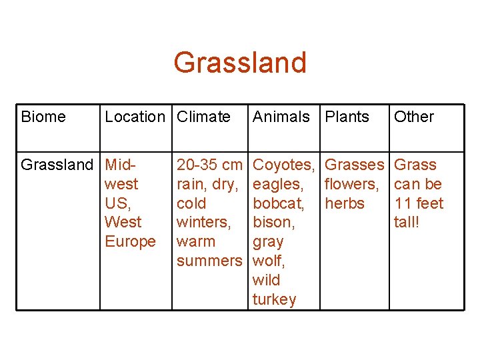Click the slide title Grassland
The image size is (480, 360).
[x=240, y=63]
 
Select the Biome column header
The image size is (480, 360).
[x=43, y=117]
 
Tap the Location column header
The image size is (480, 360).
[x=135, y=117]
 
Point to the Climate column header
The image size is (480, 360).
[x=203, y=117]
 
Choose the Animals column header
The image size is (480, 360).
[x=281, y=117]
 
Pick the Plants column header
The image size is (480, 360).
[x=347, y=117]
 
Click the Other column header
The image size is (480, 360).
[x=413, y=117]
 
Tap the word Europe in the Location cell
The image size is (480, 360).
[x=130, y=241]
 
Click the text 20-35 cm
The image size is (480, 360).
[x=209, y=165]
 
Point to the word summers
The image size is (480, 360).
[x=209, y=261]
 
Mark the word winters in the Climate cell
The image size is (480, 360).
[x=203, y=222]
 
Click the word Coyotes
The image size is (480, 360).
[x=283, y=165]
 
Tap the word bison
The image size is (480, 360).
[x=273, y=222]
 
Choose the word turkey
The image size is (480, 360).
[x=274, y=299]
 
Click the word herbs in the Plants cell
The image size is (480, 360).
[x=345, y=203]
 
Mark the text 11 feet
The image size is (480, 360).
[x=419, y=203]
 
